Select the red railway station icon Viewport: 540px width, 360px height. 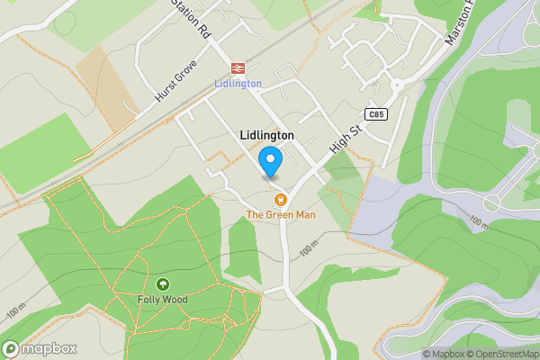coord(238,67)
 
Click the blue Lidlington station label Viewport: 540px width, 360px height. coord(238,84)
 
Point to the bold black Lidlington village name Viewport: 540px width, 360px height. coord(267,135)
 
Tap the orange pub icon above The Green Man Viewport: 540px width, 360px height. coord(280,199)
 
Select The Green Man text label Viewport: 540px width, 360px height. coord(280,214)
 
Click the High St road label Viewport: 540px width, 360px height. coord(345,139)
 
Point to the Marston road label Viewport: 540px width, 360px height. coord(459,24)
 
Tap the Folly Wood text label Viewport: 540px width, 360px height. coord(163,299)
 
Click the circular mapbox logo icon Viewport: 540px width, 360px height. coord(12,349)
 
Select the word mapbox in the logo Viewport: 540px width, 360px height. coord(49,349)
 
